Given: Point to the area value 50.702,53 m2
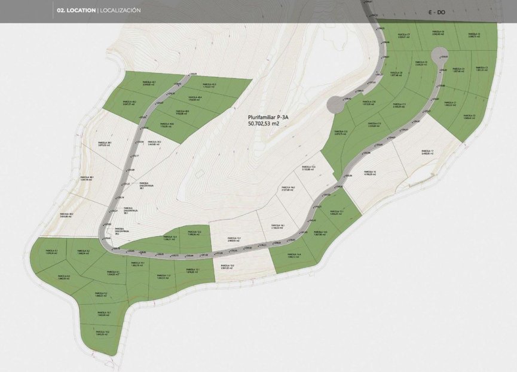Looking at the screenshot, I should (264, 125).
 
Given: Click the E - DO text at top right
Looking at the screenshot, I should (437, 12).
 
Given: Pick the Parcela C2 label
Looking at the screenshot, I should (469, 116).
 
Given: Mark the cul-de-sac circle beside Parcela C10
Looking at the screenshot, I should (336, 105).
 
